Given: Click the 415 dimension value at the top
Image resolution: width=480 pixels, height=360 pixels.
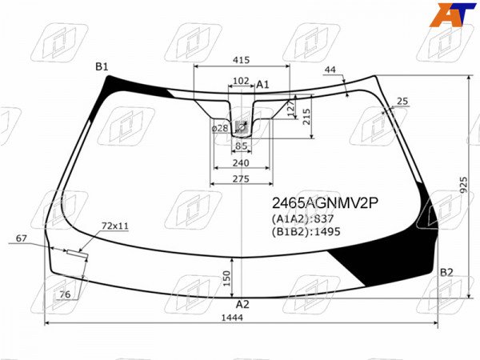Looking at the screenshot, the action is click(241, 60).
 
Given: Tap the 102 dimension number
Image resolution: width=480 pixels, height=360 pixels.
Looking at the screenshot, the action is click(241, 81).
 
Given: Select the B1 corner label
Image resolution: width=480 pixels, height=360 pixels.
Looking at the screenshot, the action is click(102, 66).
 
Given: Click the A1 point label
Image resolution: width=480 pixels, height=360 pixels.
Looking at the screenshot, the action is click(262, 85).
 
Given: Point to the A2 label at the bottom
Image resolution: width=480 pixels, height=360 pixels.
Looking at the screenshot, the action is click(242, 304).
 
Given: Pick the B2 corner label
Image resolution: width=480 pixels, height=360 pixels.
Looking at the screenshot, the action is click(446, 272).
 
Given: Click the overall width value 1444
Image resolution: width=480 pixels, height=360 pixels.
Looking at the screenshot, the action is click(232, 318).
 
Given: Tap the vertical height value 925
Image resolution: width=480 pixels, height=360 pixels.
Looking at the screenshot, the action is click(464, 186).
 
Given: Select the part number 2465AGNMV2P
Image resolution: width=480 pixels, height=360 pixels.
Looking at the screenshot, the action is click(326, 202).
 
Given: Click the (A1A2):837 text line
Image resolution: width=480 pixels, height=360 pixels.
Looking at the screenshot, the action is click(302, 219).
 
